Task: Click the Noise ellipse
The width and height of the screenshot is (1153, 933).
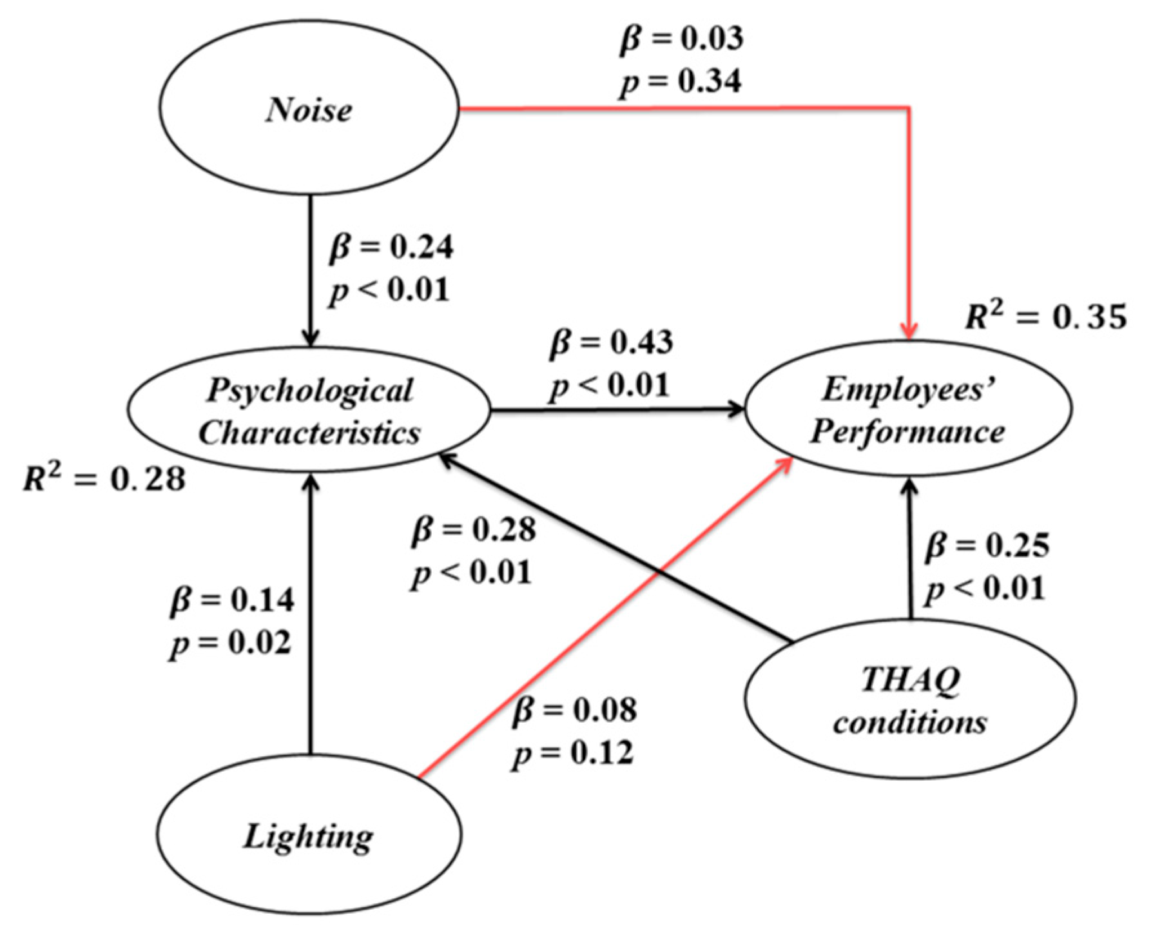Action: point(309,109)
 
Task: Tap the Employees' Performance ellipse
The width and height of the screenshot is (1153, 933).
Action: point(908,408)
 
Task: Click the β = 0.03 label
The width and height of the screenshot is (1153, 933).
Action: point(681,40)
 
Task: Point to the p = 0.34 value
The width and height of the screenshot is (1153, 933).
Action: point(680,82)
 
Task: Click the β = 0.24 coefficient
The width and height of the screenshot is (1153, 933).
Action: point(391,248)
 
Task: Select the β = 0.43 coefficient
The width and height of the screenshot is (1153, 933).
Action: point(611,342)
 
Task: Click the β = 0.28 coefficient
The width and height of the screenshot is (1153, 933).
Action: point(474,530)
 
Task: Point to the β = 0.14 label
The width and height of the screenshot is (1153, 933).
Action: point(232,600)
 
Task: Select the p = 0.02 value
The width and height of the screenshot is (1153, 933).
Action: point(231,643)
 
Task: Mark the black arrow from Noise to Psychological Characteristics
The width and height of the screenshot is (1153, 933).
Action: point(311,271)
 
